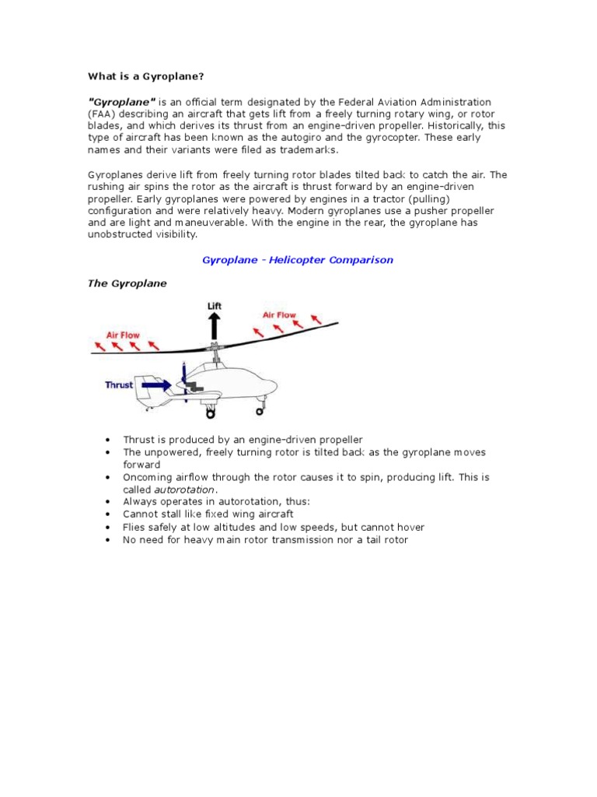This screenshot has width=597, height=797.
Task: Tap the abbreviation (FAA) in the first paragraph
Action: click(x=101, y=114)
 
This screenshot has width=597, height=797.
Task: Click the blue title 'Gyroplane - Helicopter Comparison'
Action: click(x=298, y=260)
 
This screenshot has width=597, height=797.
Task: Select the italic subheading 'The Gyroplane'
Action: click(x=127, y=283)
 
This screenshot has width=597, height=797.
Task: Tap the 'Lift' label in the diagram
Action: click(x=215, y=306)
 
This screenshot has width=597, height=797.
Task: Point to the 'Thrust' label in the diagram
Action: click(x=119, y=384)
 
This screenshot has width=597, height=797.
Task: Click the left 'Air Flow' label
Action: click(x=123, y=334)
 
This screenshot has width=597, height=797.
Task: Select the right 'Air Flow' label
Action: click(x=279, y=315)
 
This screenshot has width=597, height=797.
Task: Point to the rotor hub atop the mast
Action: click(x=215, y=346)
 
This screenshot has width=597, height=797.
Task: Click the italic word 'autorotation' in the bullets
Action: click(x=184, y=490)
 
